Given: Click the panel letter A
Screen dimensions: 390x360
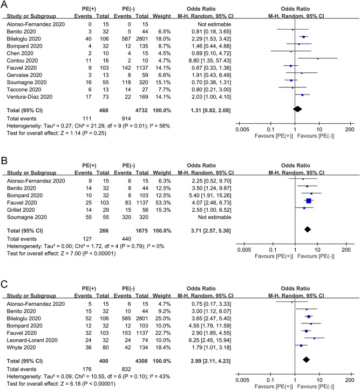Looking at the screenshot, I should coord(5,5).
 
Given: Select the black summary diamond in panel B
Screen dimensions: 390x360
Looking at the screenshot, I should coord(308,244).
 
